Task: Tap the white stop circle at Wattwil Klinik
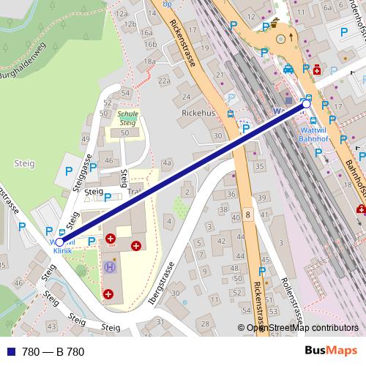point(60,242)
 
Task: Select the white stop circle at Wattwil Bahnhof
point(306,105)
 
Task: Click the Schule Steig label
point(127,119)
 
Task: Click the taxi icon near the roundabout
point(288,70)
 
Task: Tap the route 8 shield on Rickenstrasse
point(248,214)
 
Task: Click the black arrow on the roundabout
point(291,34)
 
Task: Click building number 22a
point(163,81)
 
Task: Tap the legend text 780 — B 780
point(53,352)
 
